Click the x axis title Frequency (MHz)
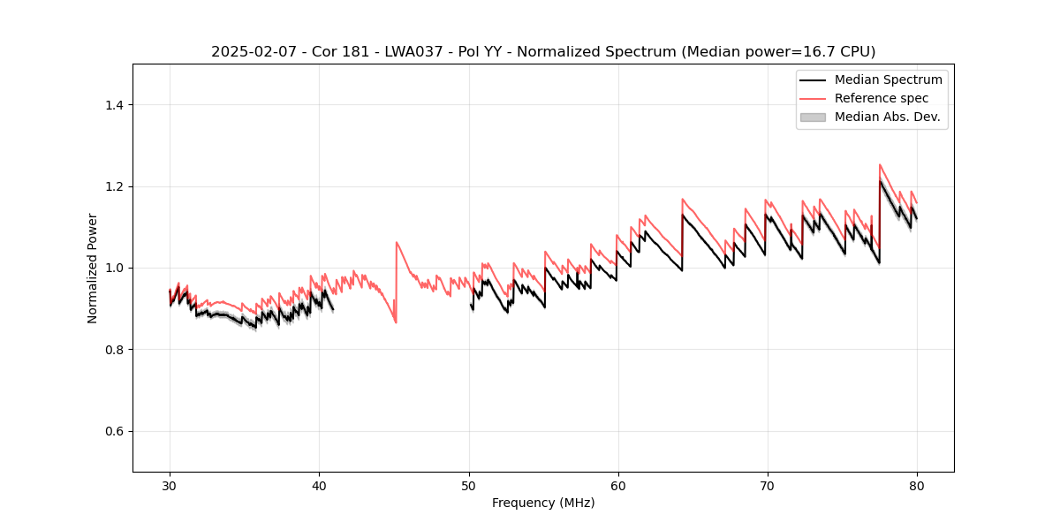pos(543,503)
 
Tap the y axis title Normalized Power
pos(93,268)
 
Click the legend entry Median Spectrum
pos(888,79)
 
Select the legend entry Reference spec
pos(882,98)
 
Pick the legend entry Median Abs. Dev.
pos(887,117)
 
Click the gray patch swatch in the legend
pos(813,117)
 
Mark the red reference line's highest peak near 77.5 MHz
pos(880,164)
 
